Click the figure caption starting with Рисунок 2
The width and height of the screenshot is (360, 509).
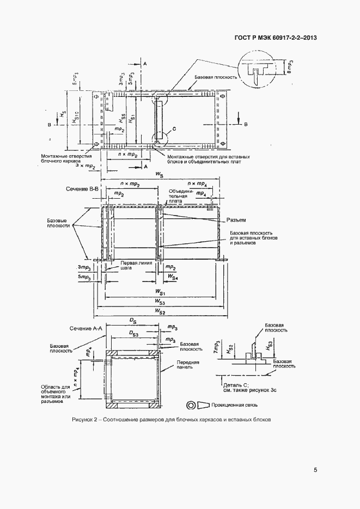coord(170,420)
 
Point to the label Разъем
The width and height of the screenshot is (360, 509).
coord(236,220)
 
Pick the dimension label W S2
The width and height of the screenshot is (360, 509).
coord(160,310)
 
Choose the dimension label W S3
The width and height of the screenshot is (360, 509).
coord(160,301)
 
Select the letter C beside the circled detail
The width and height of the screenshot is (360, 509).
coord(173,128)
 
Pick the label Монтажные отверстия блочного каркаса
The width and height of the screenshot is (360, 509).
coord(61,158)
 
